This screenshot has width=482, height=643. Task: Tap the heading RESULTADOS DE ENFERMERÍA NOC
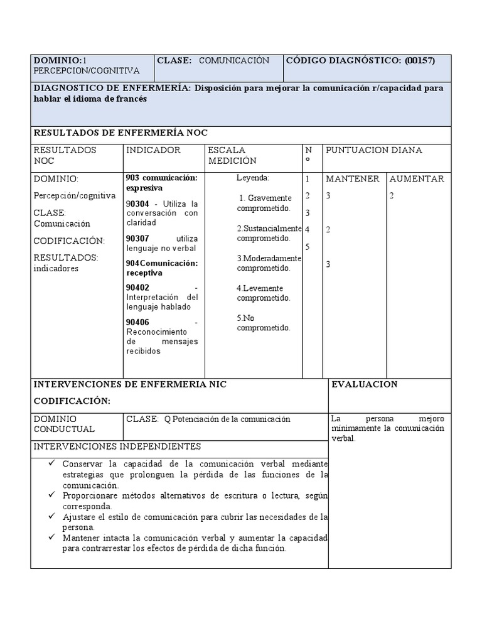point(120,132)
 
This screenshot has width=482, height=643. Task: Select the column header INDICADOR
point(154,150)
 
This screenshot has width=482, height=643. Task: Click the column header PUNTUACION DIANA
point(373,150)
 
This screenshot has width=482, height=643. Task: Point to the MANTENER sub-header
point(352,179)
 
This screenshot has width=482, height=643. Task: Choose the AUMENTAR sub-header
point(417,179)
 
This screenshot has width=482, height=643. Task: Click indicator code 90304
point(137,204)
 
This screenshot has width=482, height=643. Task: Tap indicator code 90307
point(137,239)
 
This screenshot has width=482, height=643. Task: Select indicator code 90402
point(137,288)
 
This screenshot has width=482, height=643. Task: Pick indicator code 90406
point(137,322)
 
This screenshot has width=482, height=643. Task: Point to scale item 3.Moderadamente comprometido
point(269,263)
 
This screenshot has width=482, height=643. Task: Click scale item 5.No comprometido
point(264,323)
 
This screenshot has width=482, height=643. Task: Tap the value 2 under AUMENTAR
point(392,195)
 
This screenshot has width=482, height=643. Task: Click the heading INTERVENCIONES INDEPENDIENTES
point(117,446)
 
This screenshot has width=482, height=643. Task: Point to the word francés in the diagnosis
point(131,99)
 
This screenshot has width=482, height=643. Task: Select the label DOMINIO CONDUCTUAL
point(64,424)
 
